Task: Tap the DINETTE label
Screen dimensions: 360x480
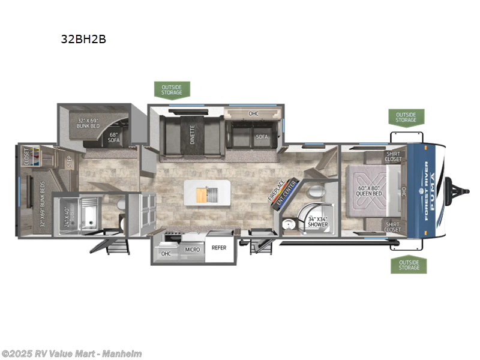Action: click(192, 134)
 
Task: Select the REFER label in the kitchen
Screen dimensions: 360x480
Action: click(219, 247)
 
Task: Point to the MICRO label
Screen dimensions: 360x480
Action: click(192, 249)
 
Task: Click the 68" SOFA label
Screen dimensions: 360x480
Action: click(114, 137)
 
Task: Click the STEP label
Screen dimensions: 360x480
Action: click(70, 162)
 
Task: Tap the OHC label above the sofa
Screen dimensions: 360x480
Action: click(253, 113)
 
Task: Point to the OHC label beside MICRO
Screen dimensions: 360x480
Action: click(166, 254)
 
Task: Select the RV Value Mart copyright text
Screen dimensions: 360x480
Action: click(72, 353)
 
